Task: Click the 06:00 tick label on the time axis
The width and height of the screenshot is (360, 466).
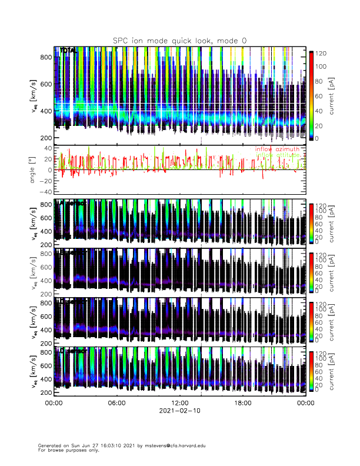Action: [116, 403]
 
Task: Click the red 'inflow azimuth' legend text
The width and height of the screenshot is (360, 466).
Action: [277, 149]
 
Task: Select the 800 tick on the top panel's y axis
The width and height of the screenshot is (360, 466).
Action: [47, 57]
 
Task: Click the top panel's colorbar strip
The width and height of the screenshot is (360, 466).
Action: [311, 94]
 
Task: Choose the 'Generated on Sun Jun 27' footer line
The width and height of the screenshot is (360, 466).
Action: [88, 446]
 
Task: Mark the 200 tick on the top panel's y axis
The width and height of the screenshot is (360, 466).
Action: [47, 138]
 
